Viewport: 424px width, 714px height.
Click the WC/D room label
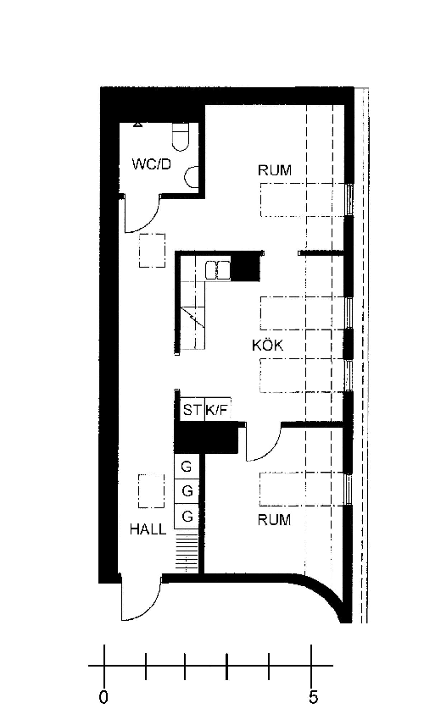click(151, 164)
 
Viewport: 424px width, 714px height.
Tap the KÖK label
click(268, 345)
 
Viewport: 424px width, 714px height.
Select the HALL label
click(148, 529)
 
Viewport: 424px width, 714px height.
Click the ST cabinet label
click(192, 410)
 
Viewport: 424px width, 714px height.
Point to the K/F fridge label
click(216, 410)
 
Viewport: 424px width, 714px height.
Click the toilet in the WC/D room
click(181, 136)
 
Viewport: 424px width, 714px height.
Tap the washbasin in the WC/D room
click(192, 177)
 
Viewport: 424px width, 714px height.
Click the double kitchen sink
click(217, 269)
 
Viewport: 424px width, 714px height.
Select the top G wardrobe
click(187, 467)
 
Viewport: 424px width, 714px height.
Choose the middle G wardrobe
click(187, 491)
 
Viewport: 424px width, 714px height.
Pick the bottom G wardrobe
click(187, 516)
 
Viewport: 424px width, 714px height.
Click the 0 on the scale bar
click(104, 697)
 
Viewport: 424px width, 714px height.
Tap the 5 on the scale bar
click(313, 697)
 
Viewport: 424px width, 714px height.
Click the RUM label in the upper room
click(275, 170)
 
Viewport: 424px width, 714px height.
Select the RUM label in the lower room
click(274, 519)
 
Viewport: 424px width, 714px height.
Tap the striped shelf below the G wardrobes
click(187, 554)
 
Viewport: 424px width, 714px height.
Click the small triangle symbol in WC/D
click(137, 124)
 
